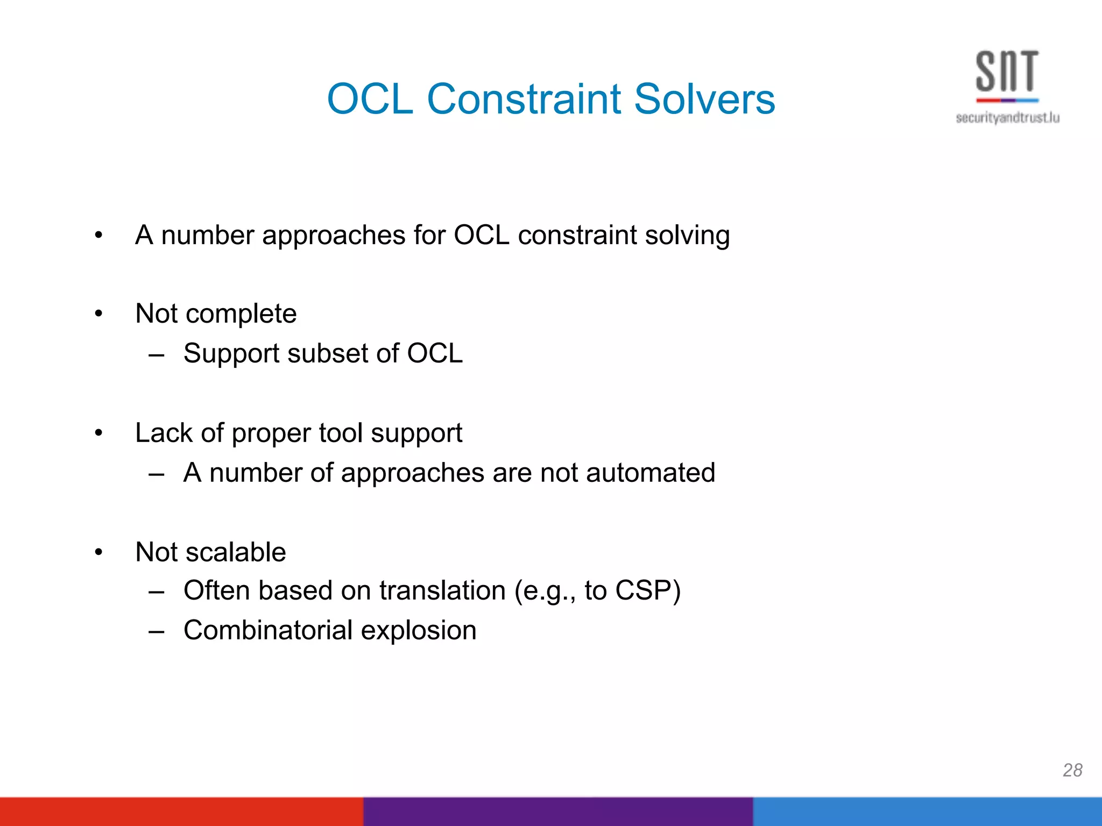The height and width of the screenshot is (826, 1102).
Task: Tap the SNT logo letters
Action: tap(1007, 72)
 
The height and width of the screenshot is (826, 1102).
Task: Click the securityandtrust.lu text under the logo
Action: tap(1007, 118)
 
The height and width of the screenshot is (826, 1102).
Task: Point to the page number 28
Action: tap(1072, 770)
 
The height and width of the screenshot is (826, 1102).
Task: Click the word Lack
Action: tap(164, 433)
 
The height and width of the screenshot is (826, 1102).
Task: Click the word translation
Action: tap(442, 590)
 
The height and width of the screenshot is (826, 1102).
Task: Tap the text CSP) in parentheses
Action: tap(648, 590)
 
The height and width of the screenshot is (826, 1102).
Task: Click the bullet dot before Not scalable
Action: tap(98, 552)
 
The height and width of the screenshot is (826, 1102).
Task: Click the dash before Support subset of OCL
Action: tap(157, 355)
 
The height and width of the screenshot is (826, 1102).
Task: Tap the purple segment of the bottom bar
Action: tap(557, 811)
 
